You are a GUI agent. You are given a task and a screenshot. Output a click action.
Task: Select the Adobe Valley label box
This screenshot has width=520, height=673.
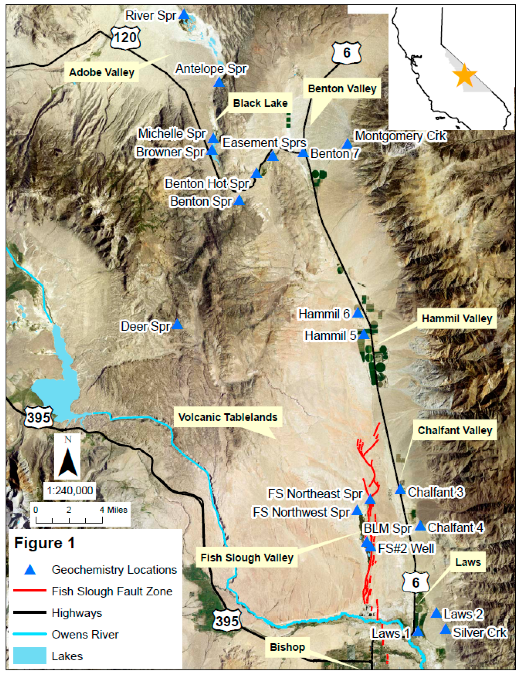[102, 72]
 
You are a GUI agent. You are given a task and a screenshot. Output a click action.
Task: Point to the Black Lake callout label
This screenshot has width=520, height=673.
[260, 103]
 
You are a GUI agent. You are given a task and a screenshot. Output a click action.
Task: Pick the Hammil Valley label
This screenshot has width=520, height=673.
[457, 318]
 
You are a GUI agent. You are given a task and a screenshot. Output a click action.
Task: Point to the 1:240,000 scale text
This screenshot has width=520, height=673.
[70, 490]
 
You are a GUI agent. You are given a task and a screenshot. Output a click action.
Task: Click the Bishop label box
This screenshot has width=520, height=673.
[287, 647]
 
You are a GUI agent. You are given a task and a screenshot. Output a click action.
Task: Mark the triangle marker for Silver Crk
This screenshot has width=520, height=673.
[445, 629]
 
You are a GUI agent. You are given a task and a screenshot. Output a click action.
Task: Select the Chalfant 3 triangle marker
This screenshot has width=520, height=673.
[400, 490]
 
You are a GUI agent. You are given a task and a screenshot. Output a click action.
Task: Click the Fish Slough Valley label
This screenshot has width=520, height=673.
[246, 557]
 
